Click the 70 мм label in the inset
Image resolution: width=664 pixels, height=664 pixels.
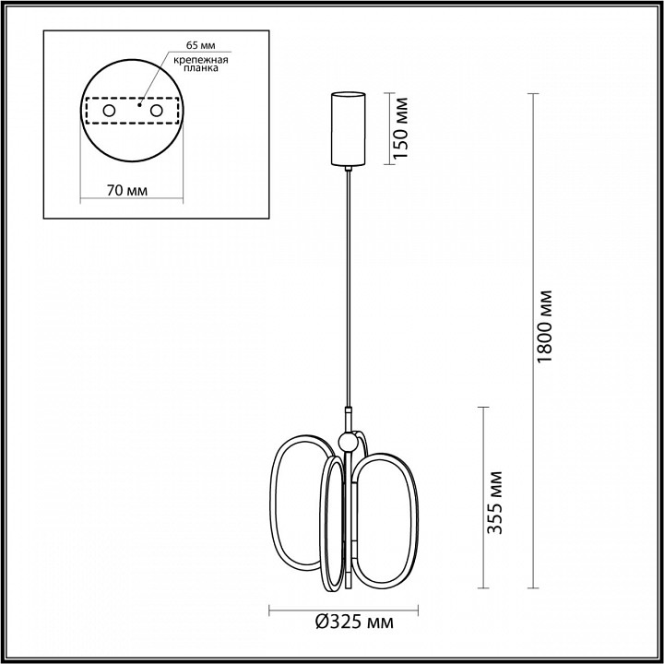pos(127,191)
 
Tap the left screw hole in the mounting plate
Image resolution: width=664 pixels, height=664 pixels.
pos(109,111)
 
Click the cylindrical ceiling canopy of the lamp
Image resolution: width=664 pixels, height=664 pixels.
pos(348,128)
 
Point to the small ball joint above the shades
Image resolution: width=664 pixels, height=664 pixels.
pos(348,442)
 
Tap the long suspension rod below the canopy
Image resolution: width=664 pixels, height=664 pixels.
pos(348,286)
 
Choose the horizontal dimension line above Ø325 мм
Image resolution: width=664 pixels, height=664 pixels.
pos(343,608)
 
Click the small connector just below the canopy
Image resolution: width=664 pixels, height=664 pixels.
pos(348,169)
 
